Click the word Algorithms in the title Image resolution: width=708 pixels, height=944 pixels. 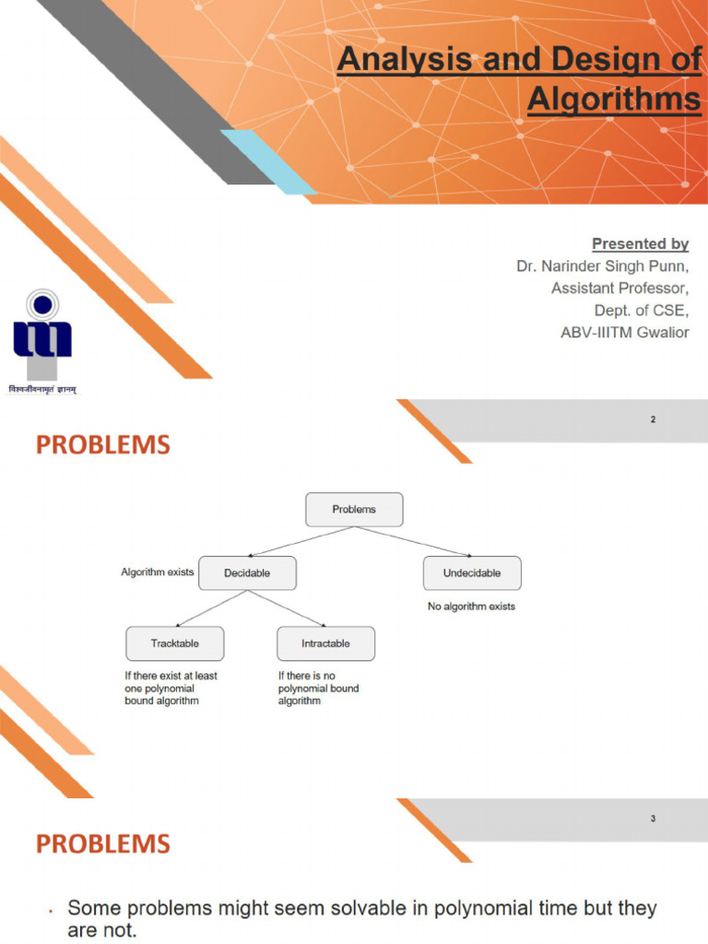pos(614,99)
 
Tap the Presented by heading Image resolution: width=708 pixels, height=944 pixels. pos(640,244)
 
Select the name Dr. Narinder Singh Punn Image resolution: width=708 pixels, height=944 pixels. pos(602,266)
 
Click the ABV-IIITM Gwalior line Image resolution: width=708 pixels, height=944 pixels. pos(624,332)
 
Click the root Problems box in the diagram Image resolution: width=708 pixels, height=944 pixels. pos(354,509)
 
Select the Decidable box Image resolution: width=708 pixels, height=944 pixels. pos(247,572)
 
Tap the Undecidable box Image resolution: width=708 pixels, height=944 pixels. pos(472,572)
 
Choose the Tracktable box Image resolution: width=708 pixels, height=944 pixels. pos(174,643)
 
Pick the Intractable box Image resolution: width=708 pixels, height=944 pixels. pos(325,643)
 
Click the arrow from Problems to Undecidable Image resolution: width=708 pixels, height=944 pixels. pos(414,542)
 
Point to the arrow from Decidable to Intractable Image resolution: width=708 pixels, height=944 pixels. pos(287,608)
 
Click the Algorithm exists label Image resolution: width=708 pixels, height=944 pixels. pos(158,572)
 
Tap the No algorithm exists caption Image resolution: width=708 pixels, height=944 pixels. pos(471,607)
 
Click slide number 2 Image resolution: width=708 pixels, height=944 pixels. pos(653,420)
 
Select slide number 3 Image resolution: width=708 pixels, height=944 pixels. pos(653,819)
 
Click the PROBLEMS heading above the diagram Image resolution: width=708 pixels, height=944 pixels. pos(103,446)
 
